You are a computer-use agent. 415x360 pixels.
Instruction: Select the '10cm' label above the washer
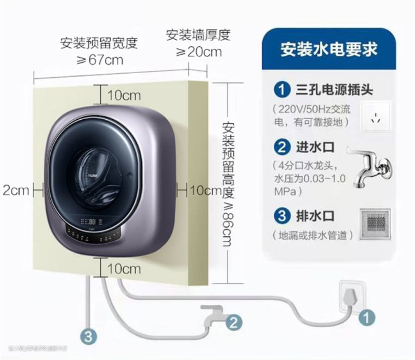tap(123, 95)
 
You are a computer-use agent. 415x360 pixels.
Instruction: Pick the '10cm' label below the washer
tap(123, 268)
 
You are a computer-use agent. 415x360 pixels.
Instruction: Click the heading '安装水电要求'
tap(329, 49)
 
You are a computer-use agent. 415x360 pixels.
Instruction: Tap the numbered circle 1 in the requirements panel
tap(281, 90)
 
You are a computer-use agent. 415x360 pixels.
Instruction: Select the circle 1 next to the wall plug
tap(368, 316)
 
